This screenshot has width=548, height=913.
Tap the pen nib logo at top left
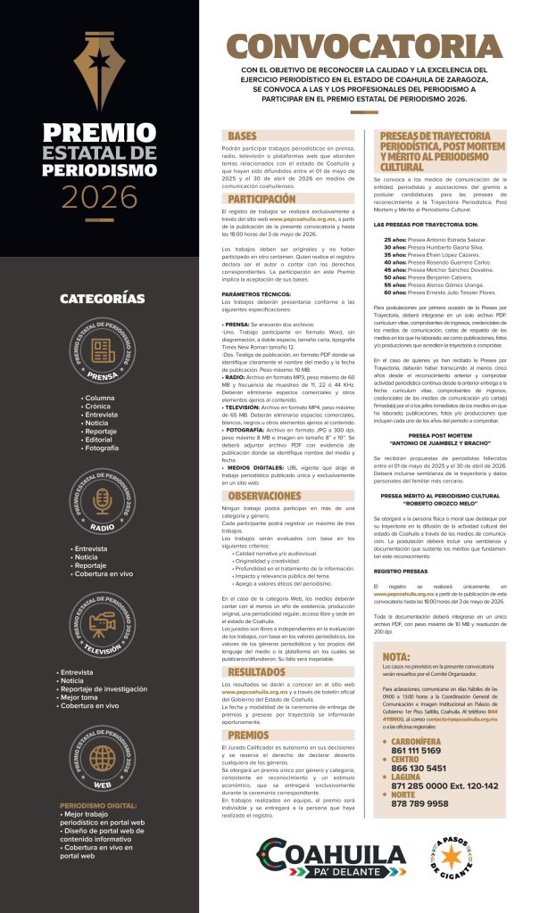[99, 69]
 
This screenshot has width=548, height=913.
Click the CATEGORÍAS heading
[100, 298]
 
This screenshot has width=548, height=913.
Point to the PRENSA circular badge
[100, 361]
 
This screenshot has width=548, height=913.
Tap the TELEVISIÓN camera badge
[100, 624]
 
